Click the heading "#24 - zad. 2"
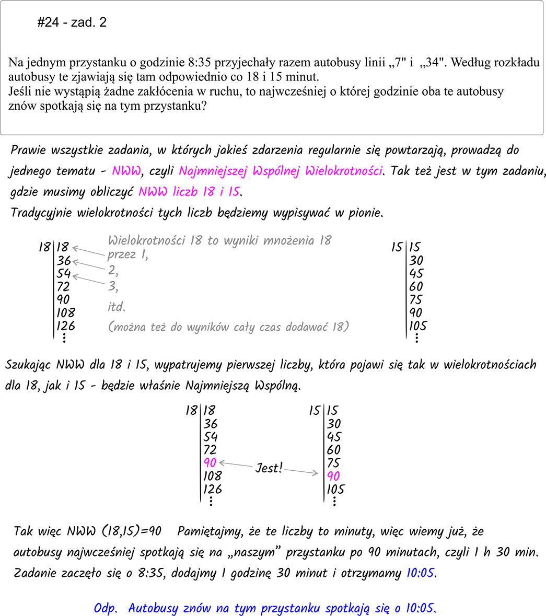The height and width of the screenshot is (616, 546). (x=72, y=22)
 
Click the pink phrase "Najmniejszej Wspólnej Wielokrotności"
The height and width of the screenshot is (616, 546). (x=281, y=171)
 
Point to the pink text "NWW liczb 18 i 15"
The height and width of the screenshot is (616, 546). (x=189, y=192)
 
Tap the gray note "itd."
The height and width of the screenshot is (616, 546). (x=117, y=307)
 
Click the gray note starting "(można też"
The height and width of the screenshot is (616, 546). (x=228, y=327)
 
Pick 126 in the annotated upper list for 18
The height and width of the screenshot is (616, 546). (x=66, y=326)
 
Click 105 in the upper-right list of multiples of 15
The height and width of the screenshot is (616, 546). (x=417, y=326)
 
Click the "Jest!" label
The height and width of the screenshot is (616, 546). (x=269, y=468)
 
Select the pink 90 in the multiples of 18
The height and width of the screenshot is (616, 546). (x=210, y=463)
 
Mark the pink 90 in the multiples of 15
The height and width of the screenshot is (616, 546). (x=333, y=476)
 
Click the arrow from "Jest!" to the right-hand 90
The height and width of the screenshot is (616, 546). (x=301, y=472)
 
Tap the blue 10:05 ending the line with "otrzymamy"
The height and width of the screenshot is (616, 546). (x=420, y=573)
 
